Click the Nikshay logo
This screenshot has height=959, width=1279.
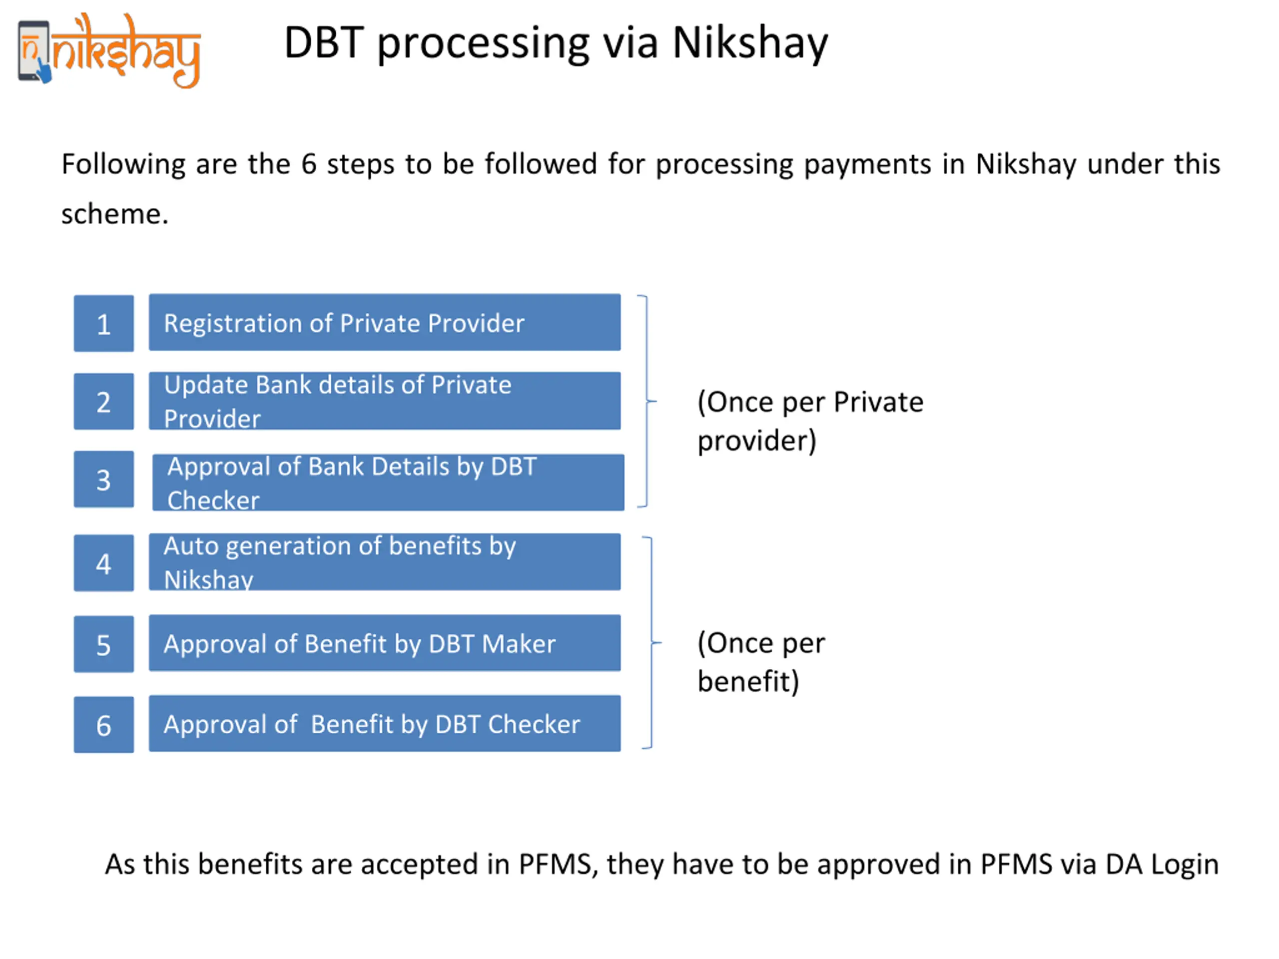[x=109, y=51]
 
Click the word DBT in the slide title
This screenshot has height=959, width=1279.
[x=324, y=43]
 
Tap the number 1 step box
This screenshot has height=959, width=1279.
[x=103, y=323]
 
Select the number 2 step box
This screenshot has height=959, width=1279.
[x=103, y=401]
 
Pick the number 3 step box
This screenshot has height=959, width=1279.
[x=103, y=479]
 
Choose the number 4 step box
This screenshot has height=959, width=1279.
[x=103, y=563]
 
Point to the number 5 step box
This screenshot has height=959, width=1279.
[x=103, y=644]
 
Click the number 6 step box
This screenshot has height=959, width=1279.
[x=103, y=725]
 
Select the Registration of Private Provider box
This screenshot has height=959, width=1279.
[x=385, y=323]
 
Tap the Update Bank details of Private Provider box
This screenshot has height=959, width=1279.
[x=385, y=401]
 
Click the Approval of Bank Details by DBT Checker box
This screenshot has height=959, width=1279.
[x=388, y=482]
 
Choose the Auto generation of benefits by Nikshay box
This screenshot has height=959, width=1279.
[x=385, y=562]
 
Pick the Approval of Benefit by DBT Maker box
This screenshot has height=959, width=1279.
[x=385, y=643]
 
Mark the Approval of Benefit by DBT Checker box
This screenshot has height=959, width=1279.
[x=385, y=724]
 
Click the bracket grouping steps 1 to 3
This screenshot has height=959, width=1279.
[x=646, y=401]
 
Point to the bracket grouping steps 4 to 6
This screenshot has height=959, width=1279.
[x=651, y=642]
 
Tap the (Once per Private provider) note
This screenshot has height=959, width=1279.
[x=810, y=422]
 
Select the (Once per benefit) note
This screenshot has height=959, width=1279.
[x=761, y=662]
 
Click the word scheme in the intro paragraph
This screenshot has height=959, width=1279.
[x=114, y=214]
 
